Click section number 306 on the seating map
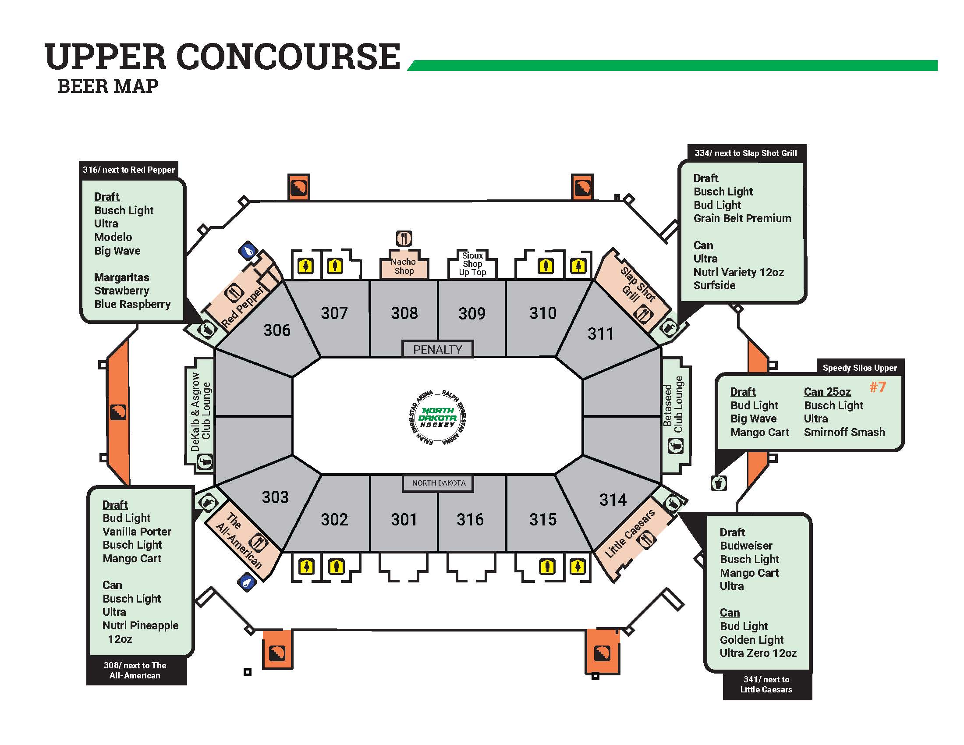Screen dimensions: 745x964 pos(277,330)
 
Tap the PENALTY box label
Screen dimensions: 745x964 pos(437,349)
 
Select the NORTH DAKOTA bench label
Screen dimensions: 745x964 pos(438,483)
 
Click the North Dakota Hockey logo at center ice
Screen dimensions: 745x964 pos(437,417)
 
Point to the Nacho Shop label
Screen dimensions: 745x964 pos(404,266)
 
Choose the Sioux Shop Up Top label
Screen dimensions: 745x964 pos(472,264)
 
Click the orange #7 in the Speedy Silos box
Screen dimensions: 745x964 pos(878,387)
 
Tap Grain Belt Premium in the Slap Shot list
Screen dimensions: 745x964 pos(742,218)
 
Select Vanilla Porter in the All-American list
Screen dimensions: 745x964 pos(137,532)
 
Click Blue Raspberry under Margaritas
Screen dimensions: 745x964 pos(132,304)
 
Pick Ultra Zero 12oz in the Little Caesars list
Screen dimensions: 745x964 pos(758,653)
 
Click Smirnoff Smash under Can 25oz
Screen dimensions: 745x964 pos(844,432)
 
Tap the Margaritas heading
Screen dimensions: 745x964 pos(121,277)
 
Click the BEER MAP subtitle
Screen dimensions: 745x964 pos(108,86)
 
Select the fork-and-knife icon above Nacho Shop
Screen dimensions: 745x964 pos(404,238)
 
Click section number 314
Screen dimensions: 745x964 pos(613,500)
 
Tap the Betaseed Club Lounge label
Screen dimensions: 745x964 pos(673,404)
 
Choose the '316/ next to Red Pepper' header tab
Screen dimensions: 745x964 pos(128,170)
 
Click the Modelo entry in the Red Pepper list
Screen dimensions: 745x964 pos(113,237)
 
